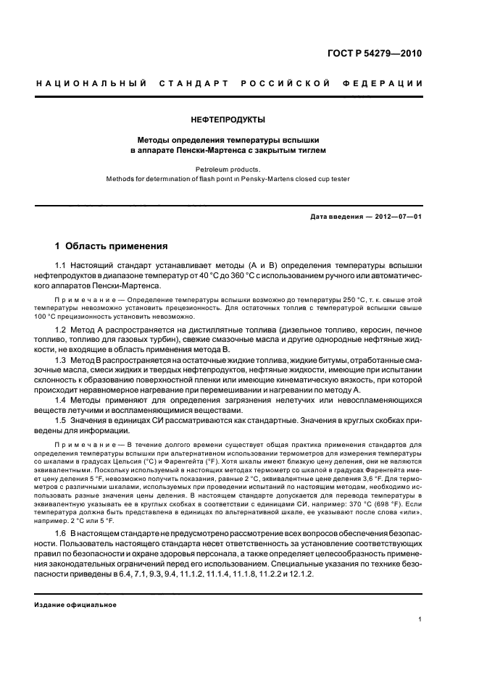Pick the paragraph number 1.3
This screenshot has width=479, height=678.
61,360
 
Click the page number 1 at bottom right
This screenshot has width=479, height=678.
420,619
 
